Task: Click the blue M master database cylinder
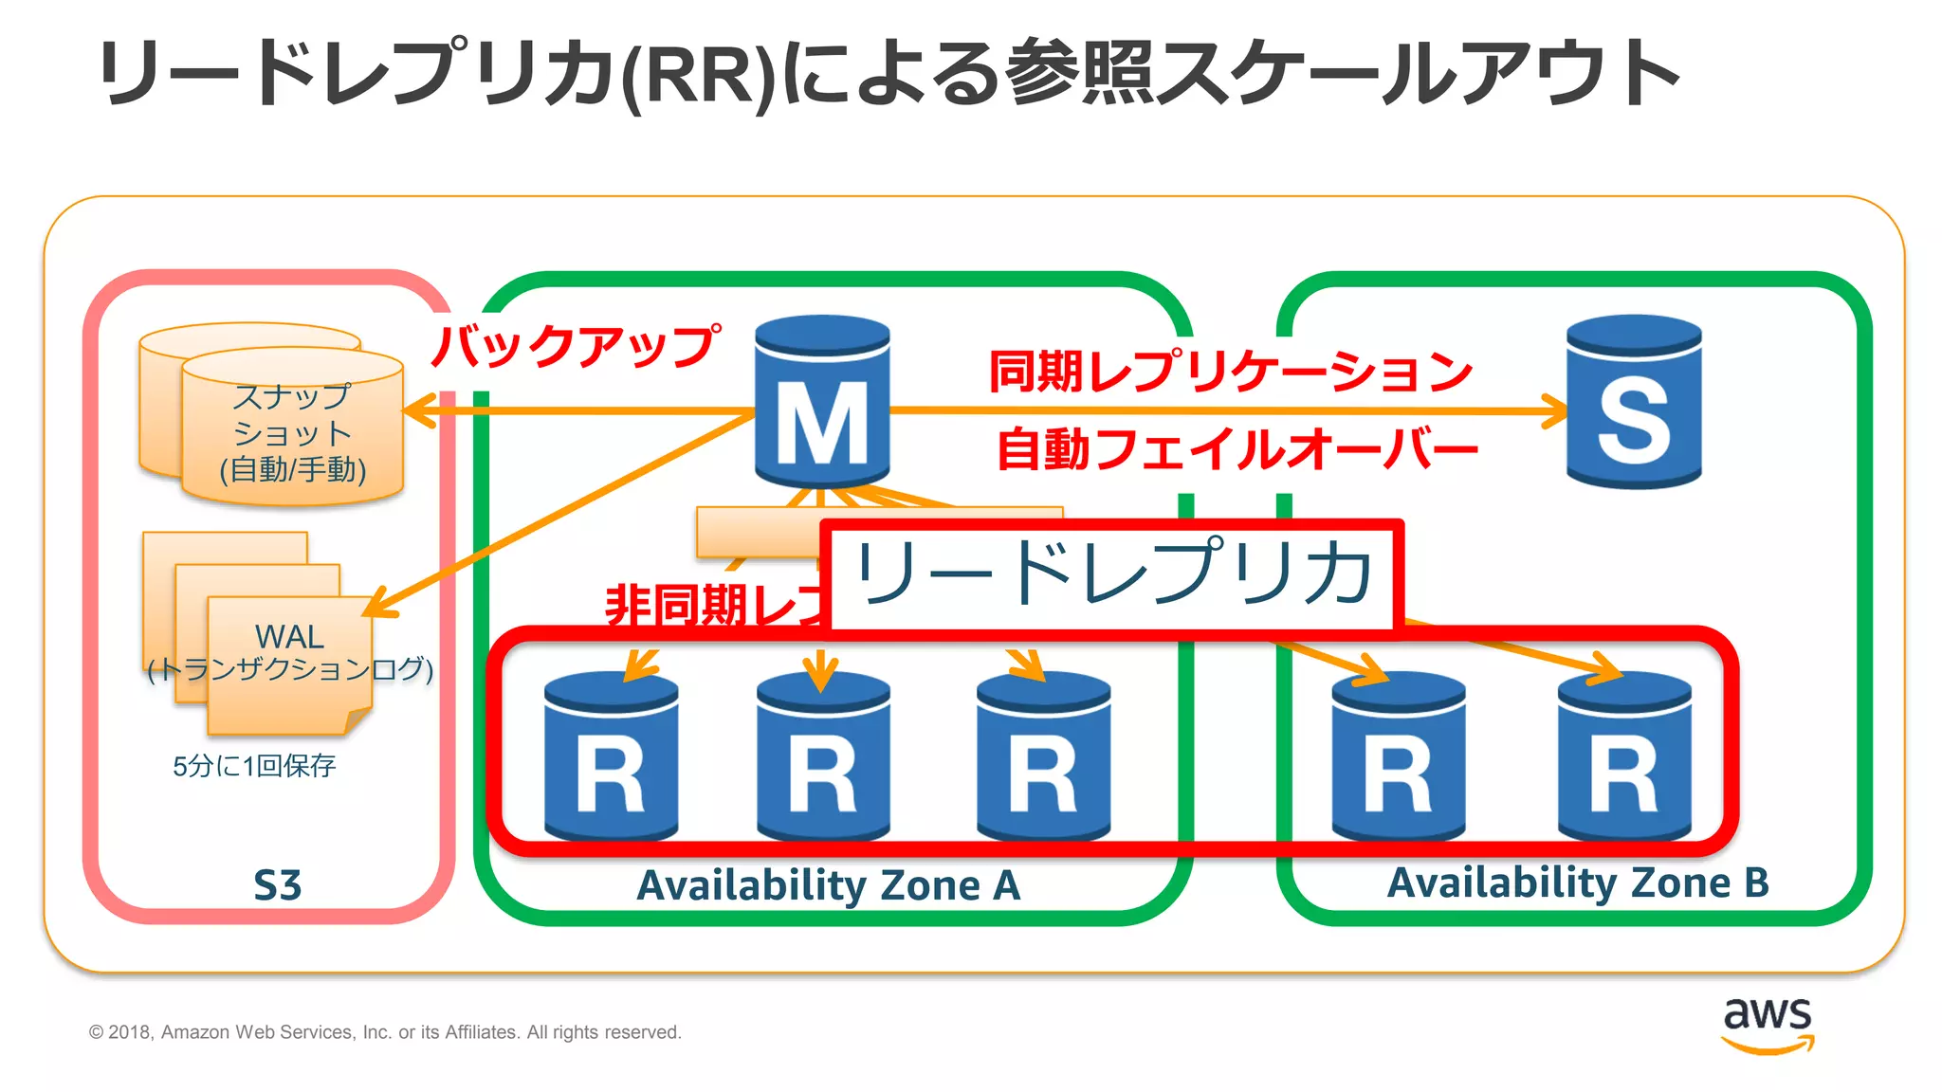(x=822, y=403)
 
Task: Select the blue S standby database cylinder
(x=1634, y=403)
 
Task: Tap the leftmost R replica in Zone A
(x=611, y=758)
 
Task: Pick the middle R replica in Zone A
(x=823, y=758)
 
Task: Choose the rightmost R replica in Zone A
(x=1043, y=758)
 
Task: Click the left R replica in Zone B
(x=1399, y=758)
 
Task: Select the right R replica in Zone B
(x=1624, y=758)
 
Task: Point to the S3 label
(x=277, y=885)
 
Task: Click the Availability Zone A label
(x=829, y=885)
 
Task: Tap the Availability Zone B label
(x=1578, y=883)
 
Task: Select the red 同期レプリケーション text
(x=1230, y=371)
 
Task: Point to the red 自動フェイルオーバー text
(x=1237, y=449)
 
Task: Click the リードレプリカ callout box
(x=1112, y=574)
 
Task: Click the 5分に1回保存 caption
(x=254, y=766)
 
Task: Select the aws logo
(x=1768, y=1024)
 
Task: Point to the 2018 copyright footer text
(x=385, y=1032)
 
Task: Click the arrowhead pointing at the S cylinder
(x=1555, y=411)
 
